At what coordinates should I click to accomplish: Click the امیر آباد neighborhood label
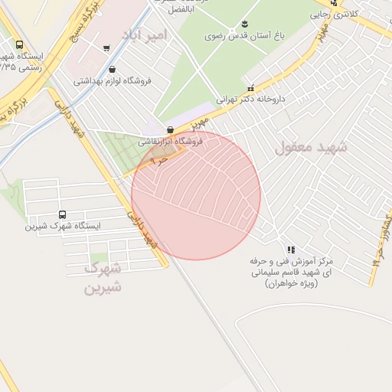[x=143, y=35]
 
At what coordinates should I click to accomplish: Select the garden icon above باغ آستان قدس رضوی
[x=244, y=24]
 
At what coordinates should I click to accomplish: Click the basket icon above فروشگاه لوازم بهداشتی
[x=113, y=70]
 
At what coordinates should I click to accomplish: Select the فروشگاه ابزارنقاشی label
[x=170, y=142]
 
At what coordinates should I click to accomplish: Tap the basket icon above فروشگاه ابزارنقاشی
[x=169, y=130]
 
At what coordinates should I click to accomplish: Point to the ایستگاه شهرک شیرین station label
[x=63, y=226]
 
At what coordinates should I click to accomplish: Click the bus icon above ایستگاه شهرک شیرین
[x=62, y=215]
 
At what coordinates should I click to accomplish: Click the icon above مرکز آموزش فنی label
[x=290, y=250]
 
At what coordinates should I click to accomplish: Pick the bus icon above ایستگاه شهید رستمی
[x=18, y=45]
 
